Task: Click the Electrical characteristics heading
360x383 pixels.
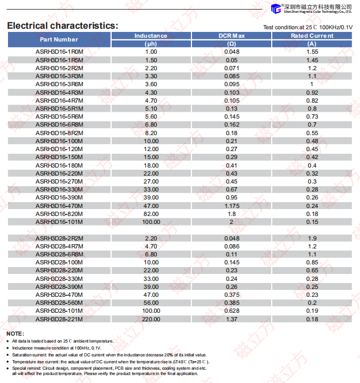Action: [62, 26]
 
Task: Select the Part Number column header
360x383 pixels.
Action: [58, 39]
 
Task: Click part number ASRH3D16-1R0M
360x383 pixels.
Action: [59, 52]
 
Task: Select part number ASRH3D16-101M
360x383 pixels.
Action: [59, 221]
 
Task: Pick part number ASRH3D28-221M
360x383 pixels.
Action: [59, 319]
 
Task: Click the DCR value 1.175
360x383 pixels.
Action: [231, 205]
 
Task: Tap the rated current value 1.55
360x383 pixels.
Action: [312, 52]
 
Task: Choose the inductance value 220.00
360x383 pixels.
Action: [151, 319]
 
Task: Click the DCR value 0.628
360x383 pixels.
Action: [231, 311]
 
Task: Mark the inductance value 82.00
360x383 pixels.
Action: [151, 213]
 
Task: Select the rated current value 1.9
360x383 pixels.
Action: [312, 238]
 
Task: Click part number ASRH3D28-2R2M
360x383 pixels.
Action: [59, 238]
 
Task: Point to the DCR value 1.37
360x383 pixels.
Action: [231, 319]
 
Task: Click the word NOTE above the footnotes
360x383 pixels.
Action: [15, 334]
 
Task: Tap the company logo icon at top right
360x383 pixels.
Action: [275, 8]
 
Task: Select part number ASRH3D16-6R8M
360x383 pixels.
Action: [59, 124]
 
